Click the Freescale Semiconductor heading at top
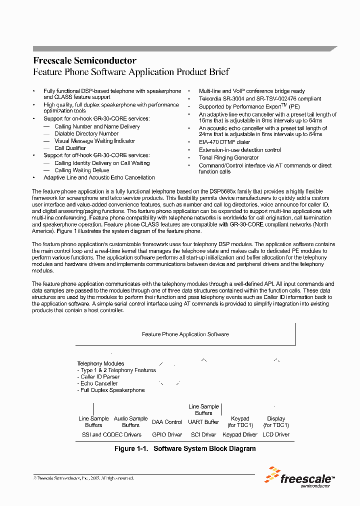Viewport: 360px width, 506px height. pyautogui.click(x=84, y=60)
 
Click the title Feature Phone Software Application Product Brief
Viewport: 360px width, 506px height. pyautogui.click(x=131, y=72)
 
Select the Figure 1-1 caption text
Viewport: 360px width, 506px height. pyautogui.click(x=185, y=448)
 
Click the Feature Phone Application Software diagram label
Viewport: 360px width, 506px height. pyautogui.click(x=185, y=334)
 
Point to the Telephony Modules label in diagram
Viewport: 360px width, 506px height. pyautogui.click(x=100, y=363)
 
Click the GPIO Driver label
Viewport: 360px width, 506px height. pyautogui.click(x=167, y=434)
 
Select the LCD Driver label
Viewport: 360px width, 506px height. pyautogui.click(x=276, y=434)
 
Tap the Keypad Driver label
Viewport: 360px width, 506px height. pyautogui.click(x=240, y=434)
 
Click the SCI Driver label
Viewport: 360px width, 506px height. pyautogui.click(x=203, y=434)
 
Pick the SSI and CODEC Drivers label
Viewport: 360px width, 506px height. pyautogui.click(x=111, y=434)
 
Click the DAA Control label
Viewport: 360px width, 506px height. pyautogui.click(x=167, y=422)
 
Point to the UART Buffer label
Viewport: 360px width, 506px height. pyautogui.click(x=203, y=422)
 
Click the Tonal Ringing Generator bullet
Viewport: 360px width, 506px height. pyautogui.click(x=228, y=157)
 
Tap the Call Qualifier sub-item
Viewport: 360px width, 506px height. pyautogui.click(x=70, y=148)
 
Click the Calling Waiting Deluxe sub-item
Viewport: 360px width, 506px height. pyautogui.click(x=81, y=170)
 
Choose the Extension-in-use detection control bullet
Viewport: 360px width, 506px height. pyautogui.click(x=239, y=150)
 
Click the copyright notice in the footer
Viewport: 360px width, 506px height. pyautogui.click(x=83, y=478)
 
